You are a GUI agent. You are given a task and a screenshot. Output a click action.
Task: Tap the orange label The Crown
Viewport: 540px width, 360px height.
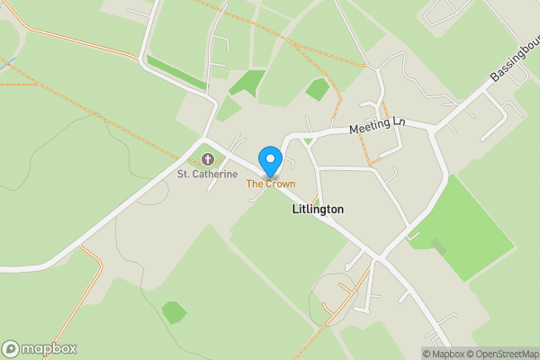pyautogui.click(x=271, y=184)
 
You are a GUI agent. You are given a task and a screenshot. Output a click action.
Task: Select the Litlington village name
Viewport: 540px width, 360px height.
pyautogui.click(x=318, y=209)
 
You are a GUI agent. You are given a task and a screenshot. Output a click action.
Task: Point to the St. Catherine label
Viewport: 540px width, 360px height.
pyautogui.click(x=207, y=174)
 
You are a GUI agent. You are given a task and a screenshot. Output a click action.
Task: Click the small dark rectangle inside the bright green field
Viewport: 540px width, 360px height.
pyautogui.click(x=438, y=245)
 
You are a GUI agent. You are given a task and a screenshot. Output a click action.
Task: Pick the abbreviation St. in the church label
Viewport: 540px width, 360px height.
pyautogui.click(x=184, y=174)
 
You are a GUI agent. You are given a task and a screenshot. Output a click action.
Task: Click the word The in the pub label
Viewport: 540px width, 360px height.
pyautogui.click(x=255, y=184)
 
